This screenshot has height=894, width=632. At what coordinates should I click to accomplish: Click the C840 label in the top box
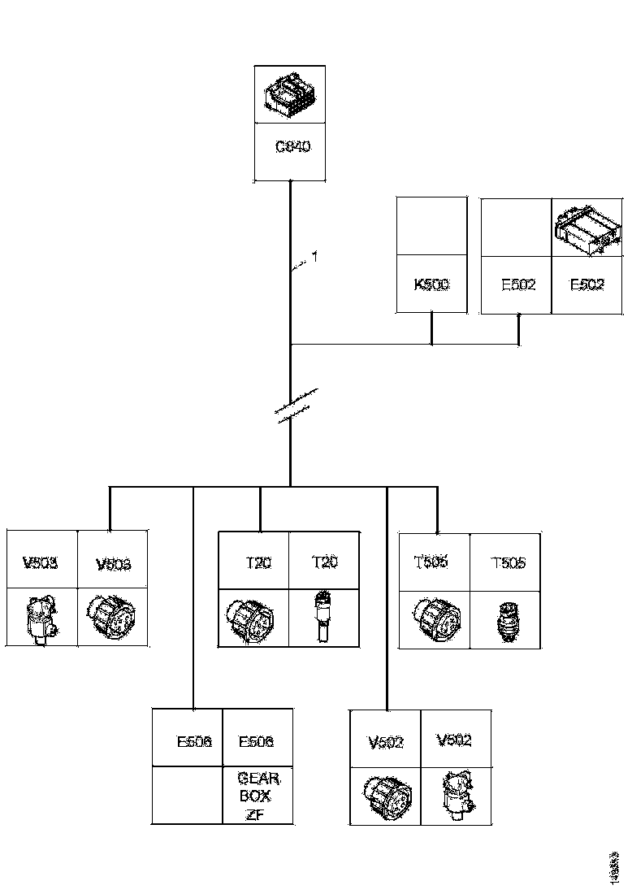coord(292,148)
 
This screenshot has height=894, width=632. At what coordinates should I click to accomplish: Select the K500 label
coord(431,285)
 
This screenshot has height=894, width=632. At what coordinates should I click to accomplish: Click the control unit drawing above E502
coord(587,227)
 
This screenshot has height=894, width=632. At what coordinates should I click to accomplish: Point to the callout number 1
coord(314,258)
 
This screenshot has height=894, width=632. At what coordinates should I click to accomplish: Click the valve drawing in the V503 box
coord(41,618)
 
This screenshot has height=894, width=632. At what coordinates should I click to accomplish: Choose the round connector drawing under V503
coord(111,617)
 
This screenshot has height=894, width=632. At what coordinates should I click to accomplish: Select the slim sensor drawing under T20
coord(323,617)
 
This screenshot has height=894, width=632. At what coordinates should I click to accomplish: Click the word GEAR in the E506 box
coord(258,779)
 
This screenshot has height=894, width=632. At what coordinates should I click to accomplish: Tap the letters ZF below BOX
coord(258,815)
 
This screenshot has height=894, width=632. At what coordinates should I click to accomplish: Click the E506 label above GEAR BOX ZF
coord(256,742)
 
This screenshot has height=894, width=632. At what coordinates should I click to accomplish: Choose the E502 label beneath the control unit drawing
coord(587,285)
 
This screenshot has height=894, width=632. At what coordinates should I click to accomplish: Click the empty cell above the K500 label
coord(431,225)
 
